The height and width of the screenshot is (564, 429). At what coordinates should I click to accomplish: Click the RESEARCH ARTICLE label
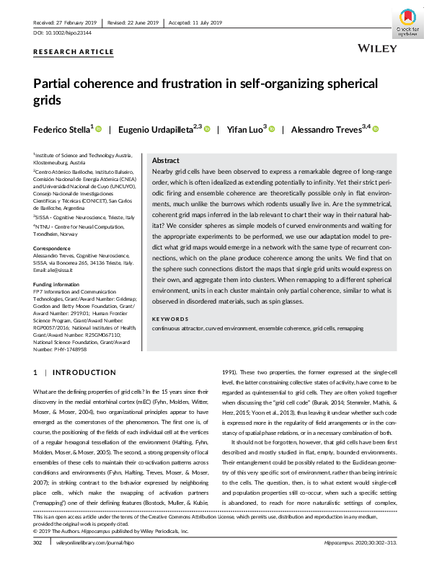click(x=74, y=52)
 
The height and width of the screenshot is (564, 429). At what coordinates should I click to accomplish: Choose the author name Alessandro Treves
click(x=327, y=130)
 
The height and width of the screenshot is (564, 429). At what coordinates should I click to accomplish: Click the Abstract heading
click(x=167, y=161)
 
